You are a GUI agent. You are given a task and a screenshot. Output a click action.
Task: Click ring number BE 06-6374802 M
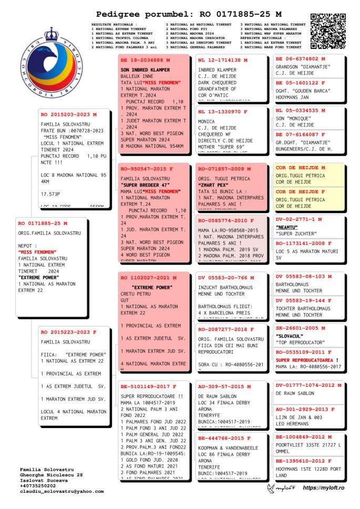click(x=300, y=59)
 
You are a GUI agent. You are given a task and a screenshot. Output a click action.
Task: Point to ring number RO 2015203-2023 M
click(x=68, y=114)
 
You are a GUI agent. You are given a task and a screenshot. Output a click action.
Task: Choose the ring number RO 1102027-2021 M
click(x=148, y=278)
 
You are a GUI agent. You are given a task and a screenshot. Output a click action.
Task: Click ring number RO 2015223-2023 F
click(x=68, y=332)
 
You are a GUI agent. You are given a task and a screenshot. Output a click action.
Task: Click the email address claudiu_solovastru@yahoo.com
click(x=61, y=492)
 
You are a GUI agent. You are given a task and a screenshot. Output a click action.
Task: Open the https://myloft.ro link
click(x=323, y=488)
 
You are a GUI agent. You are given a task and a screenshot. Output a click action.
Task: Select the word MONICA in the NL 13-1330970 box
click(x=207, y=121)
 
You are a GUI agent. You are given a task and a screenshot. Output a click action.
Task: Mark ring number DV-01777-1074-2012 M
click(x=308, y=385)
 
